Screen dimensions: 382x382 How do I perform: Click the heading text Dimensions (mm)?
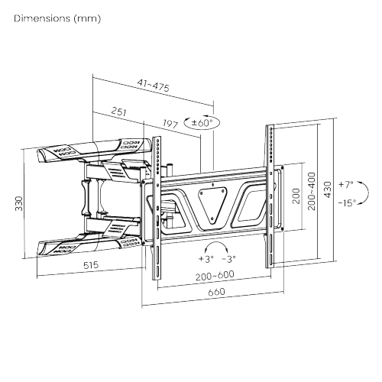tap(57, 18)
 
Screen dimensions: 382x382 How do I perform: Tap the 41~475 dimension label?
tap(154, 86)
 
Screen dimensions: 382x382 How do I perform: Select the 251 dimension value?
tap(119, 112)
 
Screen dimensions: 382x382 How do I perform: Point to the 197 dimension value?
tap(170, 124)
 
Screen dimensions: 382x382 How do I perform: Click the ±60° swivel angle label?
tap(202, 123)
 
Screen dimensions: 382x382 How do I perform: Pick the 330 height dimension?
tap(19, 203)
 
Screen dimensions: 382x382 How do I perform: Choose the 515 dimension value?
tap(91, 265)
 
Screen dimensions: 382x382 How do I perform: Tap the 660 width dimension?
tap(216, 292)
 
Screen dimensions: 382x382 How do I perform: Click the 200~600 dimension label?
tap(215, 275)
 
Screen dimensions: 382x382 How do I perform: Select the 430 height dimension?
tap(328, 189)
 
